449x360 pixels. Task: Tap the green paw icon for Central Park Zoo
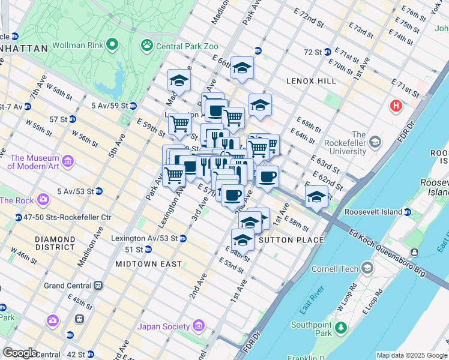146,45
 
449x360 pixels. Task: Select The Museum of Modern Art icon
68,161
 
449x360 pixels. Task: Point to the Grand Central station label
67,286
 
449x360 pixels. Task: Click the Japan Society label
163,326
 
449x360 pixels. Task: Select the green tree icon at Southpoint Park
341,328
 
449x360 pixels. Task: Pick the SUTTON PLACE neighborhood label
291,240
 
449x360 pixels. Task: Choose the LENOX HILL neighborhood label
310,80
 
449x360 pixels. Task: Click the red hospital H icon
396,106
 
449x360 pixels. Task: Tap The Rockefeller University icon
375,142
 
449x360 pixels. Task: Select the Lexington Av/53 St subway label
144,238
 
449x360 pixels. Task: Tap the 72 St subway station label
313,52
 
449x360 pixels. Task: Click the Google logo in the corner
20,353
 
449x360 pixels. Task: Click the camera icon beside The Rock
43,199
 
